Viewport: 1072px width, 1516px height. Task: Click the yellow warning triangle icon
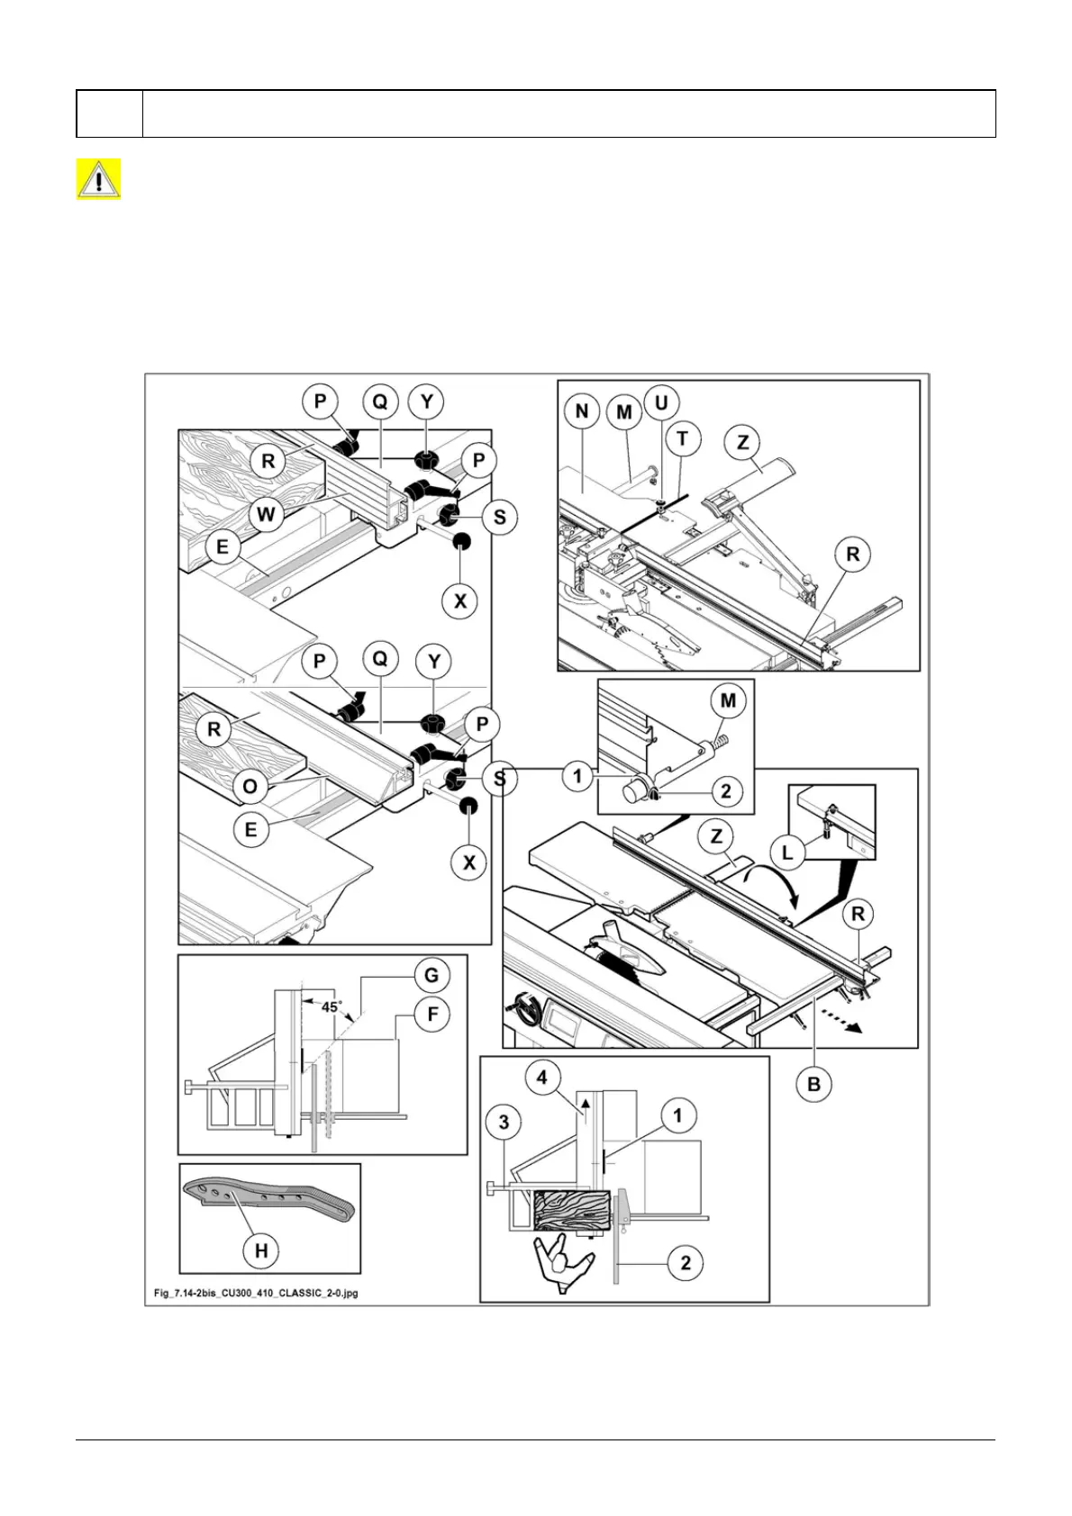[98, 179]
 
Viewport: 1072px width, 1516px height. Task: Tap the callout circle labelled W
[267, 516]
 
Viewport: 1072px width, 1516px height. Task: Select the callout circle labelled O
[250, 786]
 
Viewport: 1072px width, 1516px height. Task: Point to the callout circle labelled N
[582, 411]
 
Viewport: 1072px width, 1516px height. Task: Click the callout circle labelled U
[661, 402]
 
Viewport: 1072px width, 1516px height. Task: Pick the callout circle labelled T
[682, 438]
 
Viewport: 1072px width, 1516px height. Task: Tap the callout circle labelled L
[788, 852]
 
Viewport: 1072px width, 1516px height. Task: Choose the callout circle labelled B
[814, 1084]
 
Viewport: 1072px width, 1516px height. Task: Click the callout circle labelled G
[432, 975]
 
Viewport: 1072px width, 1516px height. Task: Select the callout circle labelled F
[432, 1015]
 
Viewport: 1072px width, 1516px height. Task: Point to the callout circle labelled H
[261, 1250]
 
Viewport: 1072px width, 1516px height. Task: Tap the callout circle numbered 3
[504, 1122]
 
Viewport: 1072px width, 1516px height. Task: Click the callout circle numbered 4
[542, 1077]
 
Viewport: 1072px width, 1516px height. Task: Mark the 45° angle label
[331, 1007]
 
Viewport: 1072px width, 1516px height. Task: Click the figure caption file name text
[256, 1294]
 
